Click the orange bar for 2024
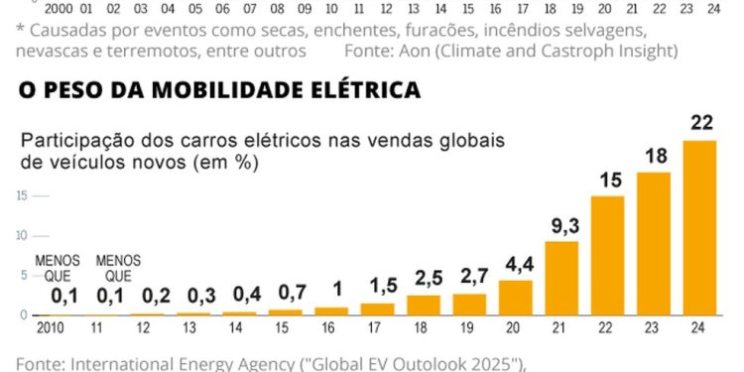(x=699, y=227)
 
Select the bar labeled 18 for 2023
(x=654, y=243)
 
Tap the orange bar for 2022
(x=607, y=255)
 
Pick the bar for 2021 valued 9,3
(x=561, y=278)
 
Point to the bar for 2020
(x=516, y=298)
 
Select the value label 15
(x=607, y=181)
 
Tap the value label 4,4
(x=516, y=265)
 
